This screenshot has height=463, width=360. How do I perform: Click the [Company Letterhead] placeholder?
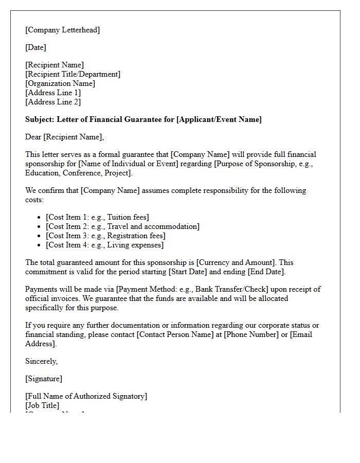coord(63,30)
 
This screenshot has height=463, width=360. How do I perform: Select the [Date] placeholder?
coord(35,47)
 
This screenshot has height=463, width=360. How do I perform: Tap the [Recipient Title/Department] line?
coord(73,74)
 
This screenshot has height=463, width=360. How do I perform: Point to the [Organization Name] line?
coord(60,83)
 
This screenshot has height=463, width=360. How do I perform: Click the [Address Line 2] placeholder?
coord(53,102)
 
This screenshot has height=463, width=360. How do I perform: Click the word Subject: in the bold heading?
coord(40,119)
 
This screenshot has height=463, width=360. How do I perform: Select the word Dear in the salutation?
coord(33,137)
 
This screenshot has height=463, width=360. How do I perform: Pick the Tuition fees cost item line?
coord(97,217)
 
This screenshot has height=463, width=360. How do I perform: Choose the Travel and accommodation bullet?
coord(122,226)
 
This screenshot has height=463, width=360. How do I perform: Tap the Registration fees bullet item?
coord(105,236)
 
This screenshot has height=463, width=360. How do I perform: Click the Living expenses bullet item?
coord(104,245)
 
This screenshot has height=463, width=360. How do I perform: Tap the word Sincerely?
coord(41,361)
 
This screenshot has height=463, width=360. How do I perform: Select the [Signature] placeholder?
coord(44,379)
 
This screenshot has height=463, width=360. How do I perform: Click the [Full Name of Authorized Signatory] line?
coord(86,396)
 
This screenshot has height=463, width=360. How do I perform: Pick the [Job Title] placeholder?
coord(42,405)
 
